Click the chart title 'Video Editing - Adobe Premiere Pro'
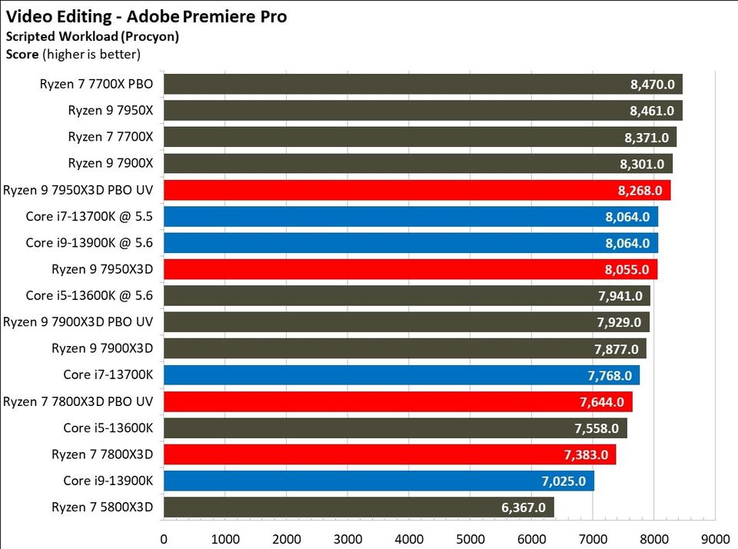tap(146, 16)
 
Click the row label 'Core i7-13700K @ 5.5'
tap(89, 217)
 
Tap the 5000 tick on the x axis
tap(470, 539)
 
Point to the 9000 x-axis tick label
tap(715, 539)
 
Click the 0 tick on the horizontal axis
tap(164, 539)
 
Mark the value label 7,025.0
tap(563, 481)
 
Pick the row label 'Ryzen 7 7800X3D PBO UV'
tap(78, 402)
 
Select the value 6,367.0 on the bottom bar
tap(523, 507)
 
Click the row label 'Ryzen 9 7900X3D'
tap(102, 349)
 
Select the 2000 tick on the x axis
tap(286, 539)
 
